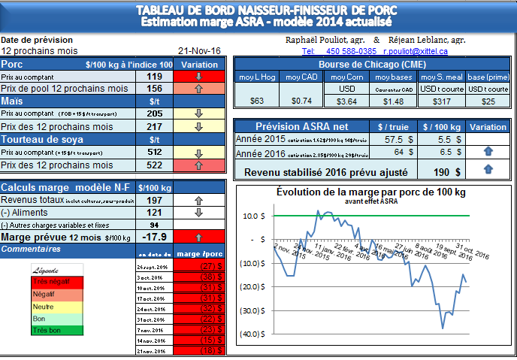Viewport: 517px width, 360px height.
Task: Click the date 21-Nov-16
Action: (199, 50)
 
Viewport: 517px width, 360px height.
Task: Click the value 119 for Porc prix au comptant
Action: (155, 77)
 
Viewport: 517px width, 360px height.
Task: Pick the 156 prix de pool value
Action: (155, 89)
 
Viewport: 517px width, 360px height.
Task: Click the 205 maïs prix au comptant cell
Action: (155, 113)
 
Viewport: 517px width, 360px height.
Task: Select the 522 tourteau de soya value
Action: (155, 165)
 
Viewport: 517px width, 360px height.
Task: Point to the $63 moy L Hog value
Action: (257, 101)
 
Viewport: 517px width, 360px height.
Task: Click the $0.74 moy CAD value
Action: (301, 101)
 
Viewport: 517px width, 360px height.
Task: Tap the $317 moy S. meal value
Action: (440, 101)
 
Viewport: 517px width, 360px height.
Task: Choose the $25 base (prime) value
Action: (488, 101)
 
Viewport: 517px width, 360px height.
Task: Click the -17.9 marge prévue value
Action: (155, 237)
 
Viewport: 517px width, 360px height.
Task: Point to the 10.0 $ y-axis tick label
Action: (253, 216)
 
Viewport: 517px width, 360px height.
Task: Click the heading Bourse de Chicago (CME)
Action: (373, 64)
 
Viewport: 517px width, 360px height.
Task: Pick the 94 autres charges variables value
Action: (155, 225)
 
